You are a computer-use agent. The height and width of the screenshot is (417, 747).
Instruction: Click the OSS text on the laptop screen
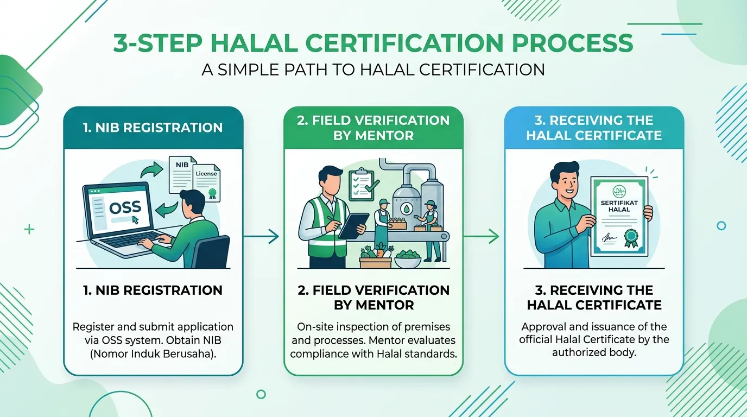pyautogui.click(x=125, y=207)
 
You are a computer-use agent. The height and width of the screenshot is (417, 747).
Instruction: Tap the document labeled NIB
pyautogui.click(x=181, y=174)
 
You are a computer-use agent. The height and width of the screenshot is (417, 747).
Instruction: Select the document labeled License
pyautogui.click(x=207, y=182)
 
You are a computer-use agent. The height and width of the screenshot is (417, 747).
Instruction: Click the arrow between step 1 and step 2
pyautogui.click(x=261, y=236)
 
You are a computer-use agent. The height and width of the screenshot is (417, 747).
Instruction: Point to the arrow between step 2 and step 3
pyautogui.click(x=481, y=236)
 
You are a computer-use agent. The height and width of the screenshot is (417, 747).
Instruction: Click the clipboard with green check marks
pyautogui.click(x=363, y=185)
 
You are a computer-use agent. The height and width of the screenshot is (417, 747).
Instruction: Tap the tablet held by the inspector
pyautogui.click(x=353, y=225)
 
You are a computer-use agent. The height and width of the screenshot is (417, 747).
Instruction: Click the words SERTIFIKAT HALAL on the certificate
pyautogui.click(x=619, y=206)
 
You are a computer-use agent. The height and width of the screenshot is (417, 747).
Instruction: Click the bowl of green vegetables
pyautogui.click(x=408, y=258)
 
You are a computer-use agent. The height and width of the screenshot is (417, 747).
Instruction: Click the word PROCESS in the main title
pyautogui.click(x=572, y=43)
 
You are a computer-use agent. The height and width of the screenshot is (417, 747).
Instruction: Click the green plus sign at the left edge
pyautogui.click(x=29, y=229)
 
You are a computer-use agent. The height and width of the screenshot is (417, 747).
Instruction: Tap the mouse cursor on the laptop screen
pyautogui.click(x=135, y=220)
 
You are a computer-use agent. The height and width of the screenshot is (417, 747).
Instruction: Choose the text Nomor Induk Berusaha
pyautogui.click(x=153, y=353)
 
